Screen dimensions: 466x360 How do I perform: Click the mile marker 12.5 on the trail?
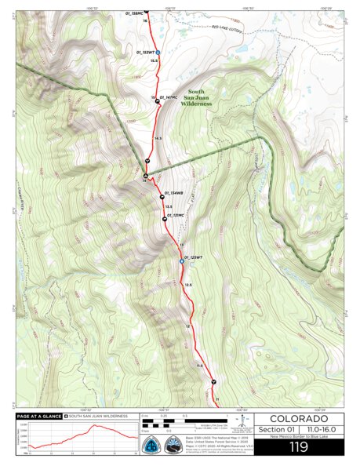pos(188,284)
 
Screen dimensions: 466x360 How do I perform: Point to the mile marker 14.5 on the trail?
pos(158,138)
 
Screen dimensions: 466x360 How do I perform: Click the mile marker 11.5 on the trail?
pos(199,366)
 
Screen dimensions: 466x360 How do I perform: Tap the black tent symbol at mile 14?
pos(145,175)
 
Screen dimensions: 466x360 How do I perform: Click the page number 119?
pos(298,447)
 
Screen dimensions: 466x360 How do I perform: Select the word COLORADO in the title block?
pos(298,418)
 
